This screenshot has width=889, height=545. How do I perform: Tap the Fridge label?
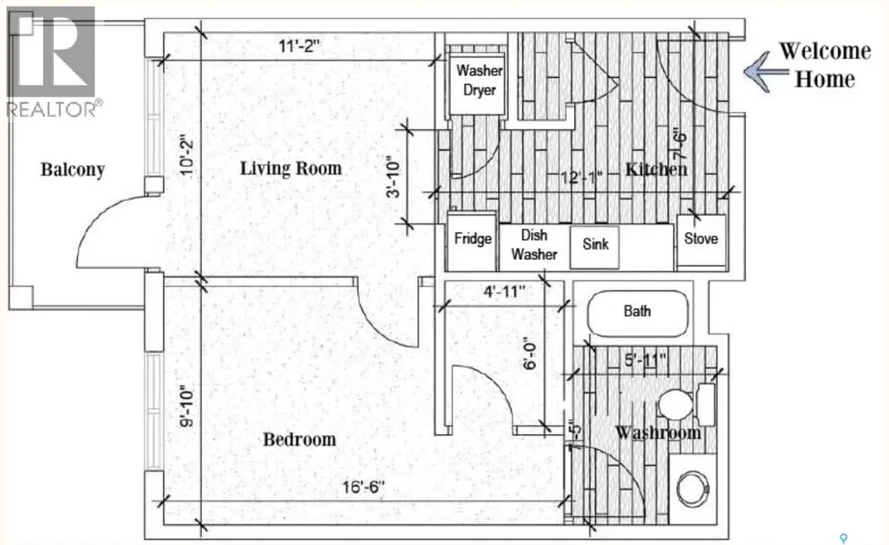(473, 238)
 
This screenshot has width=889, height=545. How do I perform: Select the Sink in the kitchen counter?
(594, 247)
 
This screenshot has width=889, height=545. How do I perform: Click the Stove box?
(702, 240)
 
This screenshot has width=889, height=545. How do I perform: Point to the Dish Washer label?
(534, 244)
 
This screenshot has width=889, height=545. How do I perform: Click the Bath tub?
(637, 315)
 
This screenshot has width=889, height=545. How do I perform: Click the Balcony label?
(73, 170)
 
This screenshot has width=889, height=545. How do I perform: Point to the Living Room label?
(291, 168)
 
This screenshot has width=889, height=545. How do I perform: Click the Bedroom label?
(299, 439)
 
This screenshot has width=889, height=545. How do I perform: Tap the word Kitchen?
(656, 169)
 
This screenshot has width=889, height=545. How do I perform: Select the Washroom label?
(658, 433)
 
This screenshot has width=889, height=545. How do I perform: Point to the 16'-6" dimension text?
(363, 487)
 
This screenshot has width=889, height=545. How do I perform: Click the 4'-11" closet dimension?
(504, 292)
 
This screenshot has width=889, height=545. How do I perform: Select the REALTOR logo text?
(55, 109)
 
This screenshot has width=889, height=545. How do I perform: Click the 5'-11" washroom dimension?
(645, 360)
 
